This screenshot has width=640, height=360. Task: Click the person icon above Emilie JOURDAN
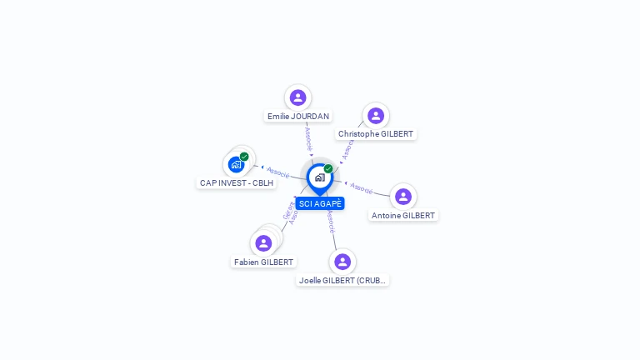point(297,97)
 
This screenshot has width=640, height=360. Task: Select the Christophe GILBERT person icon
point(375,115)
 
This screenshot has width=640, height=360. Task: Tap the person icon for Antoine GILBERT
point(403,197)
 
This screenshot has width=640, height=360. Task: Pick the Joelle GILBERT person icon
point(342,262)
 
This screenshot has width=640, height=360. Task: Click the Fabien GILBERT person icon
point(263,243)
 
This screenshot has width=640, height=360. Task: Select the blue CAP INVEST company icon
point(236,164)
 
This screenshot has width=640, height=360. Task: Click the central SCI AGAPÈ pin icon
point(319,177)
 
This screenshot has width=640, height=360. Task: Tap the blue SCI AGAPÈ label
point(320,203)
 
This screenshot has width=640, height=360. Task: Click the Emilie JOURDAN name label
point(298,117)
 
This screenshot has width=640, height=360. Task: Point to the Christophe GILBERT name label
point(376,134)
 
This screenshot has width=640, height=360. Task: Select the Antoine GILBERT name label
point(403,216)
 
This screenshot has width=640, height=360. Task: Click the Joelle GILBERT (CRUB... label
point(342,281)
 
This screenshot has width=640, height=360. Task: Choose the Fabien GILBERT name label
point(264,262)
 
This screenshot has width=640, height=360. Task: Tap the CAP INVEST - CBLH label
point(237,182)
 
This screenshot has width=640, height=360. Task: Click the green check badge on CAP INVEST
point(244,156)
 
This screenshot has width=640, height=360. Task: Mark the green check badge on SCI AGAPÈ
point(328,169)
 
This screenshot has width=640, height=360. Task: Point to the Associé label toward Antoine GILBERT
point(362,187)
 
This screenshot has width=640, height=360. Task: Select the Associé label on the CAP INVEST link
point(277,172)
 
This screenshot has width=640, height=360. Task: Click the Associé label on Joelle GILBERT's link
point(331,221)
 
